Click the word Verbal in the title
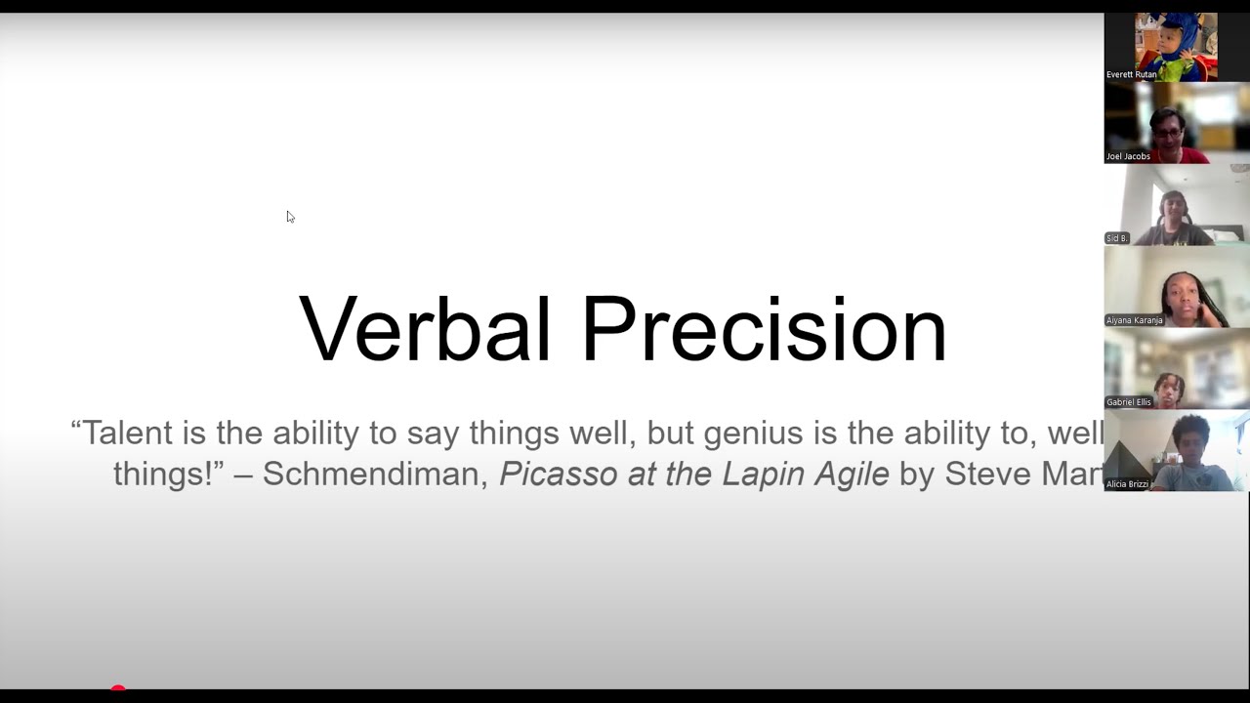coord(425,329)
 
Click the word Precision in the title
coord(764,329)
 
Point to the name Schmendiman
coord(375,475)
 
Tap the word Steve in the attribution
coord(988,475)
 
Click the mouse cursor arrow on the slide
coord(290,217)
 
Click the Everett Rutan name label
coord(1131,74)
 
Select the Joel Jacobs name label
coord(1128,156)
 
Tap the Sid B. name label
coord(1117,238)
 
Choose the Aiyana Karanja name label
coord(1134,320)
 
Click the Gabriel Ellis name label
coord(1129,402)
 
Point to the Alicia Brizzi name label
coord(1127,484)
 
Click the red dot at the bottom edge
coord(118,689)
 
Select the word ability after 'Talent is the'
coord(315,433)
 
